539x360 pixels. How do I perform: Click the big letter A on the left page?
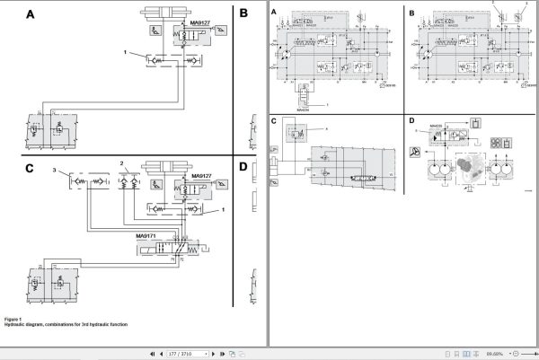point(30,15)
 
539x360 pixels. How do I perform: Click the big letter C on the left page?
point(30,168)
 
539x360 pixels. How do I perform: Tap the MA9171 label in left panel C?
point(149,236)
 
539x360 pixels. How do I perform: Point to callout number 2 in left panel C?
point(122,162)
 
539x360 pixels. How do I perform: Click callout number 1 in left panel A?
point(126,52)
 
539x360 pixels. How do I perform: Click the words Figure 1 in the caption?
point(13,319)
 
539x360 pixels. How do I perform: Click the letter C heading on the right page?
point(274,120)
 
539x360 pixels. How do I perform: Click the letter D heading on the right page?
point(411,120)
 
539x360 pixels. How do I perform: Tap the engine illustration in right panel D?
point(471,171)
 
